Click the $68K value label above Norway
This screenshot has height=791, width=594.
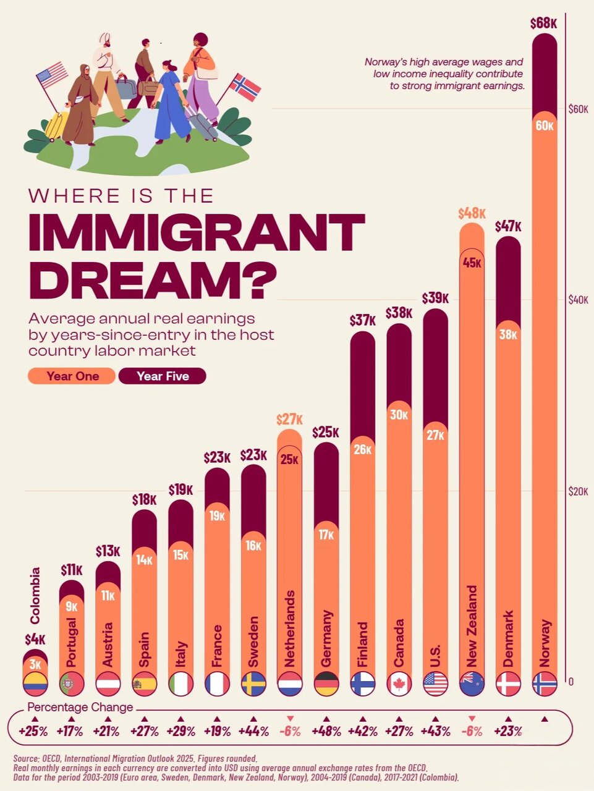[x=544, y=23]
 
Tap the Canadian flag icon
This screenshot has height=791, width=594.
[x=399, y=684]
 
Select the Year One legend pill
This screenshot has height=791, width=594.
[x=72, y=376]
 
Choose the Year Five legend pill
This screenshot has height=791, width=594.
[x=163, y=376]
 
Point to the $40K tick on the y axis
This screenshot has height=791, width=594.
[x=578, y=300]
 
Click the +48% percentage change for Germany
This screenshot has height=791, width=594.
[x=326, y=731]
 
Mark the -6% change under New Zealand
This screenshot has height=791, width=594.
[x=472, y=731]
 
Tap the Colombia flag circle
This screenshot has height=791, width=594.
[x=35, y=684]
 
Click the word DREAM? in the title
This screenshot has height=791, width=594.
[x=152, y=279]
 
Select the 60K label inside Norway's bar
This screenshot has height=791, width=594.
[x=544, y=125]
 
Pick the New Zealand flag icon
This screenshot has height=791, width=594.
[x=472, y=684]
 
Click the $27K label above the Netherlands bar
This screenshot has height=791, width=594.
[x=289, y=420]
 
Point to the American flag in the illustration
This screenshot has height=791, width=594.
[x=52, y=75]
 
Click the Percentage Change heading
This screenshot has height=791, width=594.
[x=80, y=707]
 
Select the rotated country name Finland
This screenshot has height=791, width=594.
[x=362, y=645]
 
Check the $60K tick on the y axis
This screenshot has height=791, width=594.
[x=578, y=109]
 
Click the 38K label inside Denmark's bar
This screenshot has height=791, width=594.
[x=508, y=334]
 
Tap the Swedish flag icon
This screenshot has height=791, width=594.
[x=253, y=684]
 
